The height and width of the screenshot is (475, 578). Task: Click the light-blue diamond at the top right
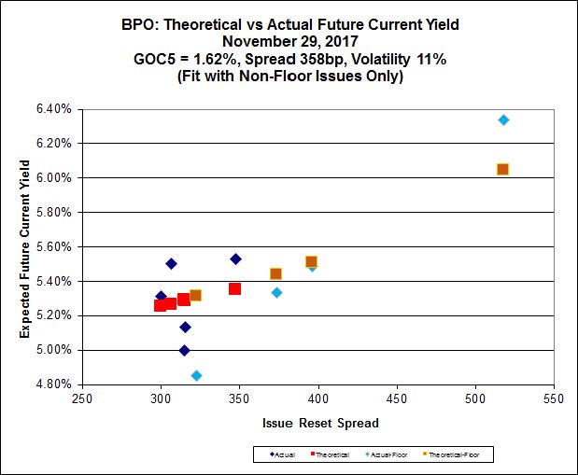(503, 120)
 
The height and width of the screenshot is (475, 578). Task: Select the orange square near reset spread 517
(502, 169)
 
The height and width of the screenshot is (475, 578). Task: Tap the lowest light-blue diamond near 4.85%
(196, 375)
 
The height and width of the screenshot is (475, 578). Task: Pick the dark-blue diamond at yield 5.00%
(185, 350)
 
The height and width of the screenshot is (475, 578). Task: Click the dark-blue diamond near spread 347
(235, 258)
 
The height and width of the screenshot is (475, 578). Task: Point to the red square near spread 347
(234, 288)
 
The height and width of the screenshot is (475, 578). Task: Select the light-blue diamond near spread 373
(276, 292)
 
